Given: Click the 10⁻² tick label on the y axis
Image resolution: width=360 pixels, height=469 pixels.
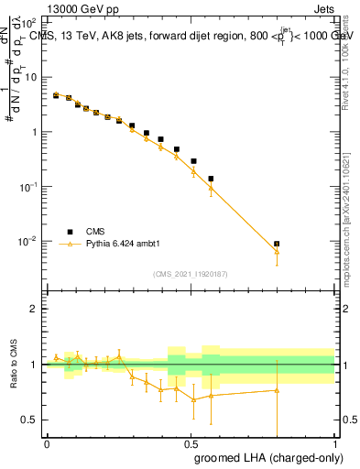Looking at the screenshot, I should pyautogui.click(x=28, y=241).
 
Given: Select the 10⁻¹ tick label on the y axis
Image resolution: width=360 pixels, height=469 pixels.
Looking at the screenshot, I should pyautogui.click(x=28, y=186).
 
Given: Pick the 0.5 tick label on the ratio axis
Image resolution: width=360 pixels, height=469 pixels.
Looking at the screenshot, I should pyautogui.click(x=31, y=420).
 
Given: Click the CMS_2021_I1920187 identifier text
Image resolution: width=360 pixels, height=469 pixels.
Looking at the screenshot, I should pyautogui.click(x=190, y=274).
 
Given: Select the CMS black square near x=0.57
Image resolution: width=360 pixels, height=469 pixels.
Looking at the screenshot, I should pyautogui.click(x=211, y=179).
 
